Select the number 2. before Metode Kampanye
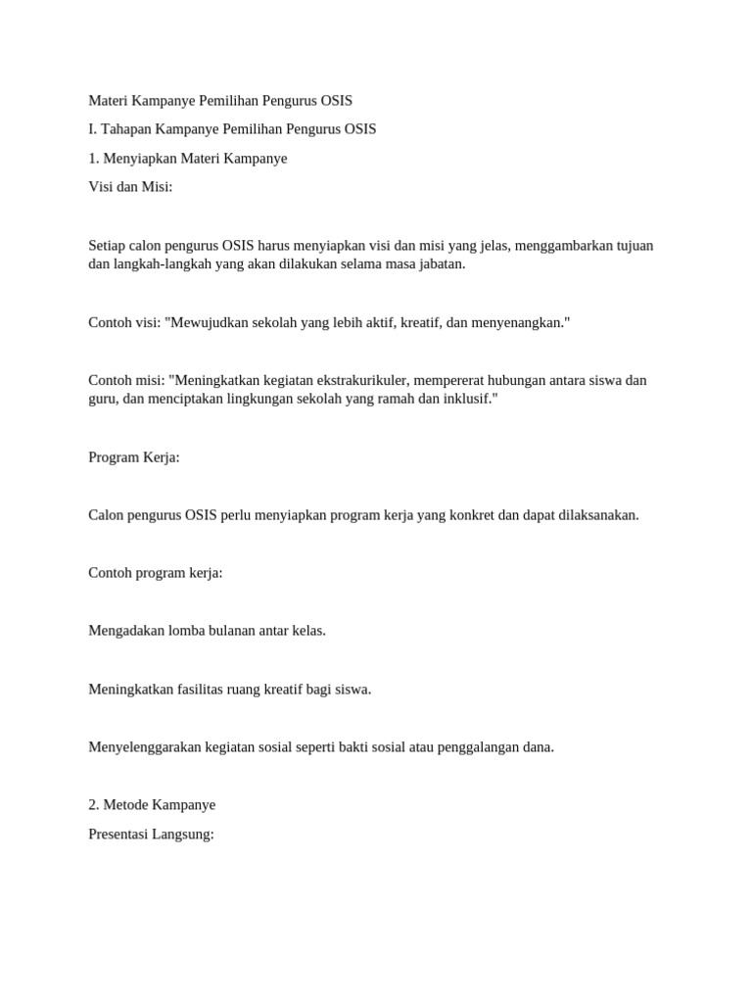coord(94,805)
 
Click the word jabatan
coord(441,264)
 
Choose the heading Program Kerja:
coord(134,457)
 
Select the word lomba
coord(187,631)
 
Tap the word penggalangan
coord(478,747)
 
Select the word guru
coord(102,400)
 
